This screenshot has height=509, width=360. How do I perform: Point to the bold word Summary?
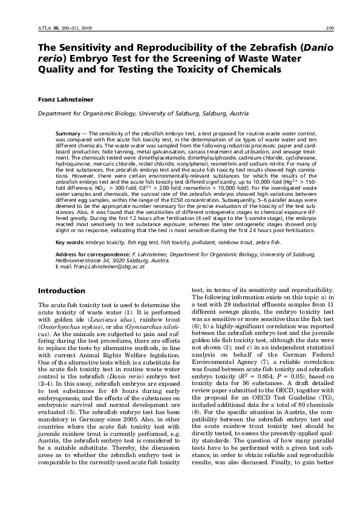pyautogui.click(x=67, y=131)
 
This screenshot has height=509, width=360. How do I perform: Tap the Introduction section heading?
pyautogui.click(x=61, y=291)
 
